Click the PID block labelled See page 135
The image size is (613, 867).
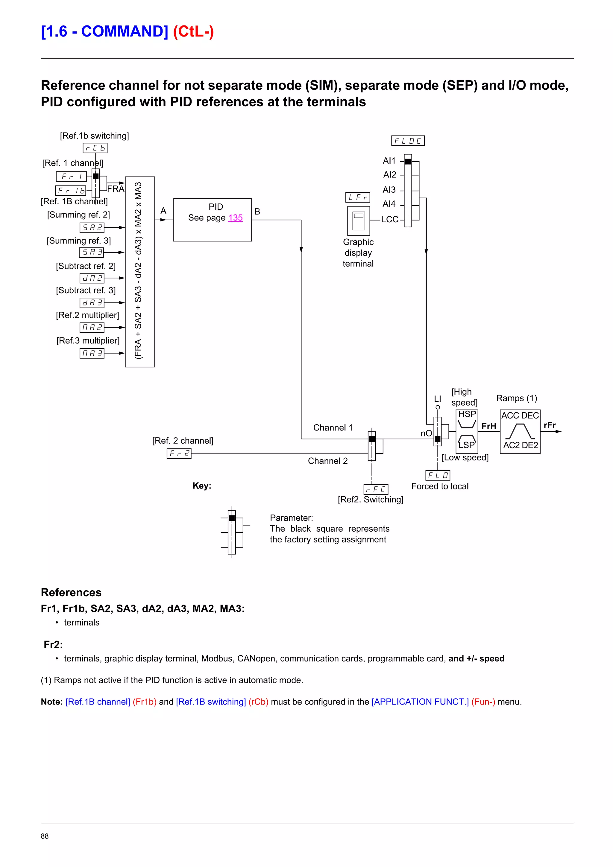[212, 220]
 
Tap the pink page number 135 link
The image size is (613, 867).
[235, 218]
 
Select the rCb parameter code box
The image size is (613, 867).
[95, 148]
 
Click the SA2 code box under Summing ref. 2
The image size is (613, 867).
[92, 228]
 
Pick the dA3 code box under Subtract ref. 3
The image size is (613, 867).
[92, 303]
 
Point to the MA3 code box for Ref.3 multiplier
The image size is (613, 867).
[92, 353]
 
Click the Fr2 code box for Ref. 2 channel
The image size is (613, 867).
[179, 454]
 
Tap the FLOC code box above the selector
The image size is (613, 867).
[408, 141]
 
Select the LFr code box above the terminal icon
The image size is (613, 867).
[358, 197]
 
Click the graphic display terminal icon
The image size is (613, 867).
[359, 221]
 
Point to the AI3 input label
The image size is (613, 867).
[389, 190]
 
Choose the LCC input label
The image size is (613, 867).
[390, 219]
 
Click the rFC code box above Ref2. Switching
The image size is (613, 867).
[376, 489]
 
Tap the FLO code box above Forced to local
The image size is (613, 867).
[438, 475]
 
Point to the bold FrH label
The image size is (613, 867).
[489, 426]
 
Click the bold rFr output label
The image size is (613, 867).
[550, 425]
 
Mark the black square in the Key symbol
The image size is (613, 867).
[232, 518]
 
